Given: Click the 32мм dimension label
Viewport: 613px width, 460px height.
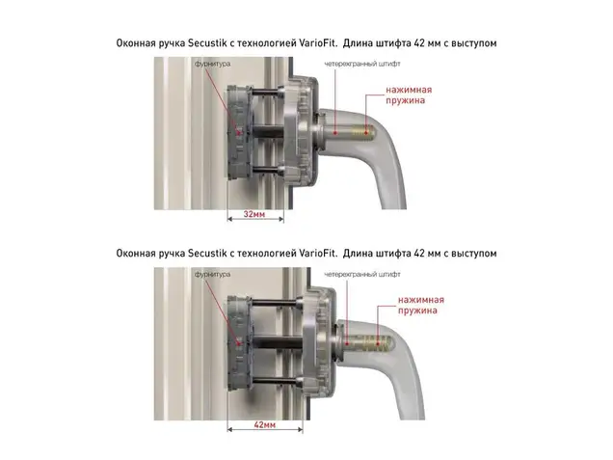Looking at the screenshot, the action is click(x=254, y=214).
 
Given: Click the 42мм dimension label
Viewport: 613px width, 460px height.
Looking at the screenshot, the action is click(x=265, y=424).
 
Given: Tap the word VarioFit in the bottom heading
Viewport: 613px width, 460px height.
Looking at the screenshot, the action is click(x=317, y=254).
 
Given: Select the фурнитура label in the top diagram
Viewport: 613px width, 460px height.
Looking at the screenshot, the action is click(x=212, y=64).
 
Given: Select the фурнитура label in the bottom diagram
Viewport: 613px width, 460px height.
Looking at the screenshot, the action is click(x=212, y=274).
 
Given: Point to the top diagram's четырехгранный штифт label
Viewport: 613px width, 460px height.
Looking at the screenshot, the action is click(x=362, y=64).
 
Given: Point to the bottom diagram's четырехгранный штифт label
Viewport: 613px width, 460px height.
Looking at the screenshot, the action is click(x=362, y=274).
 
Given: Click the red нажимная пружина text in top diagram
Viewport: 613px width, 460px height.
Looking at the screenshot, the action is click(x=409, y=95).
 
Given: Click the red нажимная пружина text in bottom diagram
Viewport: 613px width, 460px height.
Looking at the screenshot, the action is click(x=421, y=306).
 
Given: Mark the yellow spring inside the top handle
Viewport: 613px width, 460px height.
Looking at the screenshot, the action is click(x=363, y=131).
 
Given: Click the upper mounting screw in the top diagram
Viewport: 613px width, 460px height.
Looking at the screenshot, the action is click(x=267, y=94).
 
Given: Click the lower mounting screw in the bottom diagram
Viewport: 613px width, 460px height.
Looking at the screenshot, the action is click(x=277, y=381).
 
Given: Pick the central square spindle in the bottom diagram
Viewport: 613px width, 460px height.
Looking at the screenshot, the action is click(x=278, y=342).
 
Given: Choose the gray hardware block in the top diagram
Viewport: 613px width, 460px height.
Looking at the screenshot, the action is click(x=239, y=133).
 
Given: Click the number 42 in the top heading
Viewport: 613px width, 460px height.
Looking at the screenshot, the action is click(x=419, y=43).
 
